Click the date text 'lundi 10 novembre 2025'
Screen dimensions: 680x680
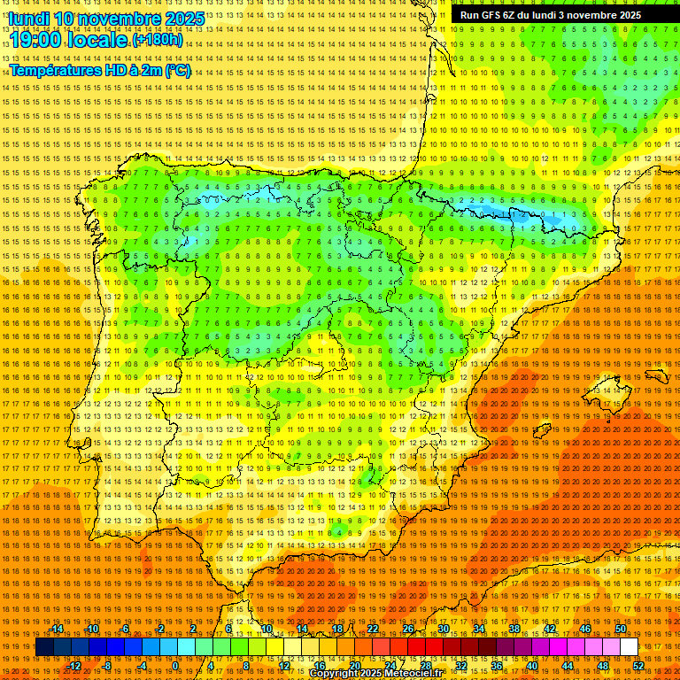[106, 19]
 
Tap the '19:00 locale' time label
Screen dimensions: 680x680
[69, 40]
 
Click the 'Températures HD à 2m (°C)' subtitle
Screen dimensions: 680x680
[99, 70]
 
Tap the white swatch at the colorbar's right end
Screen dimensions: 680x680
[630, 647]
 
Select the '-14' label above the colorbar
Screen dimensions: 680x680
[57, 629]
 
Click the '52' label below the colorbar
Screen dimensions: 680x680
[638, 666]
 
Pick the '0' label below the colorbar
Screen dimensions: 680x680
[175, 666]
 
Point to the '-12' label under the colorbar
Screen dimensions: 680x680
[74, 666]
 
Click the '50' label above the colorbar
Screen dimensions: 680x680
[621, 629]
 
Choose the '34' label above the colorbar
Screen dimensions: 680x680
[479, 629]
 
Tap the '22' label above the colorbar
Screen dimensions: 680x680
[373, 629]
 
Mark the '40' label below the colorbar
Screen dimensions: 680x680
[531, 666]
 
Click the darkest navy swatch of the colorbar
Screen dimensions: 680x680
[44, 647]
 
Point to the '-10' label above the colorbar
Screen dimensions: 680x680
[92, 629]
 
